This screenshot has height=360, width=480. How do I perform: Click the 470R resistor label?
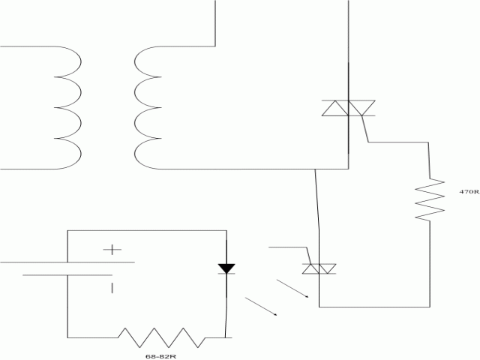tap(469, 192)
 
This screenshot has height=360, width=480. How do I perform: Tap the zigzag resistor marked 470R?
tap(430, 199)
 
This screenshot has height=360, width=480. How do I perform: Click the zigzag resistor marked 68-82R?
tap(161, 337)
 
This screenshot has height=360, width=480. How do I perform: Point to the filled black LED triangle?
tap(226, 268)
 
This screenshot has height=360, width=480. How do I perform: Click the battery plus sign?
tap(112, 250)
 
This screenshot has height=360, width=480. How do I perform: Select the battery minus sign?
tap(112, 288)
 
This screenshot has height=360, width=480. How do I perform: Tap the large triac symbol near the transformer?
tap(348, 108)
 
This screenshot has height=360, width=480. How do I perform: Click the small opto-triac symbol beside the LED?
tap(319, 268)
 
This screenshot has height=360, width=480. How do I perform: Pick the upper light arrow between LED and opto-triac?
tap(292, 288)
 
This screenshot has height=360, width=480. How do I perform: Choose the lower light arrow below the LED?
tap(261, 306)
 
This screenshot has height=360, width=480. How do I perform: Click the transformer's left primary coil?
tap(67, 108)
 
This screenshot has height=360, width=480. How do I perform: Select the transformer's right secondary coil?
tap(148, 108)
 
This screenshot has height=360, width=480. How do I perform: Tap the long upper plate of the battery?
tap(67, 262)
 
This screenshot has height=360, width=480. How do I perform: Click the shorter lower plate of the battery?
tap(67, 275)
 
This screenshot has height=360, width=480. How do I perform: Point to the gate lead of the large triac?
tap(365, 129)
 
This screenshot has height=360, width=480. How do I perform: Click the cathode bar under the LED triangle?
tap(226, 273)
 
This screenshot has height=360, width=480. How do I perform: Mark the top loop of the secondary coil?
tap(148, 61)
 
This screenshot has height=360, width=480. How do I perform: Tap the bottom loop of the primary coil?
tap(67, 154)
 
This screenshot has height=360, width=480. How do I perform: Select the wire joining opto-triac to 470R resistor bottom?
tap(374, 307)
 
